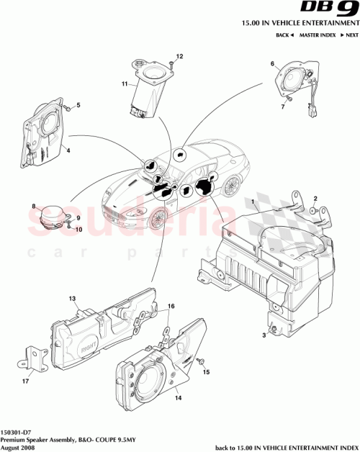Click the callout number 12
(x=180, y=56)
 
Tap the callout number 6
(x=273, y=64)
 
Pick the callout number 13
(x=72, y=298)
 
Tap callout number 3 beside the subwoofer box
(x=264, y=335)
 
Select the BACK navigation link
(x=283, y=35)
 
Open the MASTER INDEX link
(x=317, y=35)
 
